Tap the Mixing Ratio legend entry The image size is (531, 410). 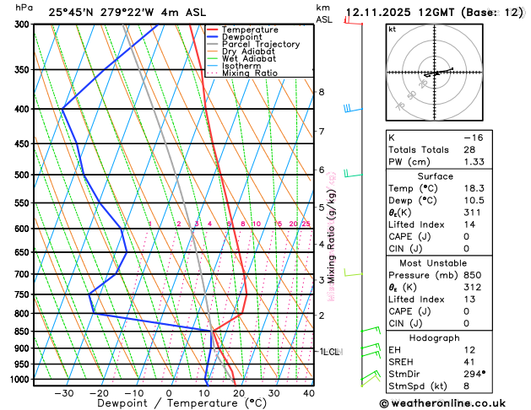[249, 73]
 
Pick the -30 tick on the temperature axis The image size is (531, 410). [63, 393]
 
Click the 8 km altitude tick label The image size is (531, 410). [321, 92]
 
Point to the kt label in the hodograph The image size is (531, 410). [392, 29]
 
